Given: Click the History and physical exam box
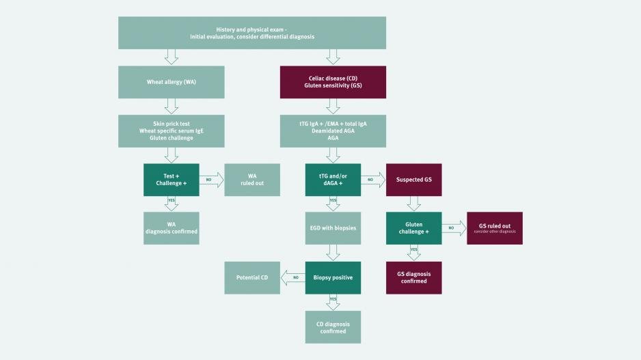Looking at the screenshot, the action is point(251,33).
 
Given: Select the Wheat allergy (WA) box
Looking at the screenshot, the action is point(172,82).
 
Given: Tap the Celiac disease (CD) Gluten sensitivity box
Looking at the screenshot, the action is point(333,82).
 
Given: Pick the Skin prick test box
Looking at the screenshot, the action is point(172,130).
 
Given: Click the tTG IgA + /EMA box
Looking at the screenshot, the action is point(333,130).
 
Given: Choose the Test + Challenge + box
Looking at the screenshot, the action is point(172,180).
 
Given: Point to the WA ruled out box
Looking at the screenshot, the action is point(252,180).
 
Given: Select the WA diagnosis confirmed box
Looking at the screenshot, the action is point(172,228).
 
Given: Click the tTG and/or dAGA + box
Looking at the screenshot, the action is point(333,180).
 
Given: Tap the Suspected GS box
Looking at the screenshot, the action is point(413,180).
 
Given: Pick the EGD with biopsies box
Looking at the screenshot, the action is point(333,228).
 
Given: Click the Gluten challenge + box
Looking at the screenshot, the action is point(413,228).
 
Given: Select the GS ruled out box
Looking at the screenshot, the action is point(495,228).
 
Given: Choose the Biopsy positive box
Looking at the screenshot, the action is point(333,278).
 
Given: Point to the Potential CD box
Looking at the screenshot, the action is point(252,278).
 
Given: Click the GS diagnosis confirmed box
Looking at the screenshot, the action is point(413,278).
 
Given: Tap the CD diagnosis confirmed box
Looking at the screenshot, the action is point(333,327).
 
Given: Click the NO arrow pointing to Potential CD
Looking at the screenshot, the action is point(292,278).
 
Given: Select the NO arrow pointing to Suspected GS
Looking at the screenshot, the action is point(373,180).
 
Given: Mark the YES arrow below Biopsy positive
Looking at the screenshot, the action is point(333,303).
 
